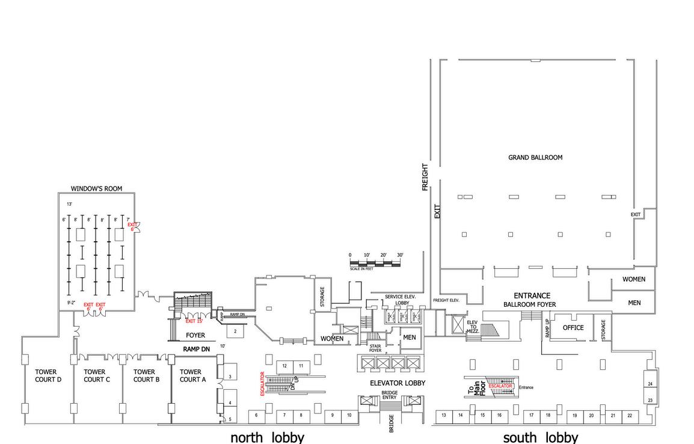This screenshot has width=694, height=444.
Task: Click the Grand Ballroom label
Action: pos(535,158)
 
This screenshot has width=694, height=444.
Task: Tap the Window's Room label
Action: pos(96,189)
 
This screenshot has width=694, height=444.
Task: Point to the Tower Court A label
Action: pos(191,375)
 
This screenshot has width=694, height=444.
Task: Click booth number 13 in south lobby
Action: pos(444,415)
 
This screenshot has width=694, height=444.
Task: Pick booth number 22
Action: pos(630,415)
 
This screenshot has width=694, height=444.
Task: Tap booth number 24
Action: pos(650,383)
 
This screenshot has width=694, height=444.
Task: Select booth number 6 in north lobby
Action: pos(256,415)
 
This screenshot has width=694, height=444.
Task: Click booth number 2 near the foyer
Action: pos(235,331)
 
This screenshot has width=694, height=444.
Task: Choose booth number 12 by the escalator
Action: pos(284,366)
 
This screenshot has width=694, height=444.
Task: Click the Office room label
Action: pos(573,328)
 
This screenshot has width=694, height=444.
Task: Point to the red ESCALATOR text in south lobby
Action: pos(500,386)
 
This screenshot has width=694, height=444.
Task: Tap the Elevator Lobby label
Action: pos(398,383)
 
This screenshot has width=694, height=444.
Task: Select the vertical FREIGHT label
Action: pos(425,177)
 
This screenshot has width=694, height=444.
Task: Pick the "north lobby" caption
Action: pos(267,437)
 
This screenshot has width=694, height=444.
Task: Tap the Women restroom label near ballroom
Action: pos(634,279)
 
